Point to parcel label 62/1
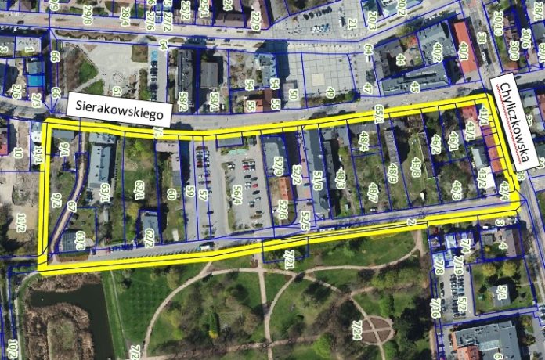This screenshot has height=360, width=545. point(139,189)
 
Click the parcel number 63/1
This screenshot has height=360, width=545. point(105,193)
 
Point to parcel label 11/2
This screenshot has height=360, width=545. point(21,221)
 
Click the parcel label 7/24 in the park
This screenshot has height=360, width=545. point(357,330)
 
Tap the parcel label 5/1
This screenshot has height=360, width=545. point(502,293)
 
